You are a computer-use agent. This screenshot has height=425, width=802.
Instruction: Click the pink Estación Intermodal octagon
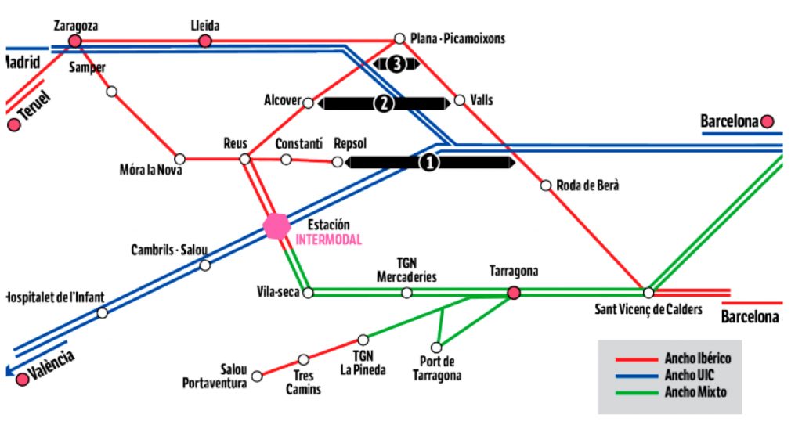pyautogui.click(x=276, y=226)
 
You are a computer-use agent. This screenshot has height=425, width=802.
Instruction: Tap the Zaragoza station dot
pyautogui.click(x=75, y=41)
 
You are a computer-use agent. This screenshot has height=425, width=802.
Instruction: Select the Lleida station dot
pyautogui.click(x=205, y=41)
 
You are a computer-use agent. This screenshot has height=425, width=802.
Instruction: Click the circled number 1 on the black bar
pyautogui.click(x=429, y=162)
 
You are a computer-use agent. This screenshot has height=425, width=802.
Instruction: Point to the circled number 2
pyautogui.click(x=383, y=103)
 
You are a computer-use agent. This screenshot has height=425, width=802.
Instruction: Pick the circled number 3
pyautogui.click(x=396, y=64)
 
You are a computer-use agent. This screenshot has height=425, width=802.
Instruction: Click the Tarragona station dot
pyautogui.click(x=514, y=293)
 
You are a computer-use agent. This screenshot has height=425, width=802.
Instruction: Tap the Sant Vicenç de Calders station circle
pyautogui.click(x=648, y=293)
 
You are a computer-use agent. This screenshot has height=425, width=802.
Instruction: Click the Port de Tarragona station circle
pyautogui.click(x=436, y=348)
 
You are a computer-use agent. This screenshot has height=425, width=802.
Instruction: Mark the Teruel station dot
pyautogui.click(x=13, y=124)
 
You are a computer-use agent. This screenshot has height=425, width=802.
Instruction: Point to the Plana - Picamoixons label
pyautogui.click(x=458, y=38)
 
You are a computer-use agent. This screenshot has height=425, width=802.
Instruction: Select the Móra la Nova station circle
pyautogui.click(x=179, y=159)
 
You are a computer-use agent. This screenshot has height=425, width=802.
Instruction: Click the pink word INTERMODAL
pyautogui.click(x=329, y=240)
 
